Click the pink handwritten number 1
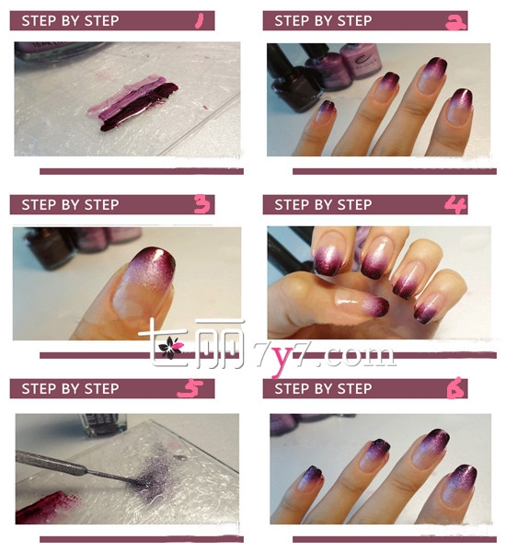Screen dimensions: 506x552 coord(200,20)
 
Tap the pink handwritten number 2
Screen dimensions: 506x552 coord(455,22)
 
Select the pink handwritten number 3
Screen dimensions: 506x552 coord(202,204)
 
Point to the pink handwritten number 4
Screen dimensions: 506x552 coord(455,204)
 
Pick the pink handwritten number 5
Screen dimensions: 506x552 coord(190,388)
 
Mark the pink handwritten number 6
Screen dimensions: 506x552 coord(455,388)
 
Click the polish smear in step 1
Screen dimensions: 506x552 coord(132,103)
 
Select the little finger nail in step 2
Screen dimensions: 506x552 coord(326,111)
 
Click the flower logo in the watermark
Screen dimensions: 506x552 coord(170,347)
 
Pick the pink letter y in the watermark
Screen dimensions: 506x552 coord(281,359)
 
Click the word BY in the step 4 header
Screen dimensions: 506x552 coord(323,204)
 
